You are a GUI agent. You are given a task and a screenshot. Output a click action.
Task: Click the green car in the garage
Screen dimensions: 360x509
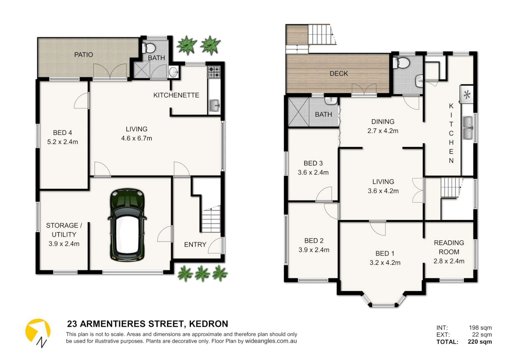coord(127,225)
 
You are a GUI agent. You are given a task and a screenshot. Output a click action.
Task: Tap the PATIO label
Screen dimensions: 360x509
coord(83,55)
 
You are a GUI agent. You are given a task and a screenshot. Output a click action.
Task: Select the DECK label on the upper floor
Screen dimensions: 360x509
coord(338,74)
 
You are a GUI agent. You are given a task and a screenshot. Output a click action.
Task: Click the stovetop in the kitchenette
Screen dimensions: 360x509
coord(214,72)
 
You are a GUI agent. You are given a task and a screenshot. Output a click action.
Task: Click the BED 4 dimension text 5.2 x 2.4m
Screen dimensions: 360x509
coord(63,142)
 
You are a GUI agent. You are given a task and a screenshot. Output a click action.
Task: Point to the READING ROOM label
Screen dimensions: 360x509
coord(449,247)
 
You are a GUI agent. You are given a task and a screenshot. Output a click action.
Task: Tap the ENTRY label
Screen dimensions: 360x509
coord(195,245)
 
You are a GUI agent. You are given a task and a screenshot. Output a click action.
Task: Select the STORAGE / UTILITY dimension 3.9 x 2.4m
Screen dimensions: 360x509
coord(64,244)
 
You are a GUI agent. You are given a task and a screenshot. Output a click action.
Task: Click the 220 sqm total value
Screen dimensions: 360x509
coord(480,342)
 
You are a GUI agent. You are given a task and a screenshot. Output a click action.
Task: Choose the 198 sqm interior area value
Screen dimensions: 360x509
coord(480,328)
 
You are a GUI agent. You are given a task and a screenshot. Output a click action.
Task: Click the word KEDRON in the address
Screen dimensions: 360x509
coord(209,324)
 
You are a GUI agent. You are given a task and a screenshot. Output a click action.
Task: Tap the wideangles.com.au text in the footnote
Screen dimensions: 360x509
coord(271,341)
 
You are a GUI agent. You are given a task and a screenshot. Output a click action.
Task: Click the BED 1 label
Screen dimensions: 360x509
coord(385,254)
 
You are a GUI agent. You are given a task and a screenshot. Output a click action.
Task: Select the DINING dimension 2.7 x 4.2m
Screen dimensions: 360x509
coord(383,131)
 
